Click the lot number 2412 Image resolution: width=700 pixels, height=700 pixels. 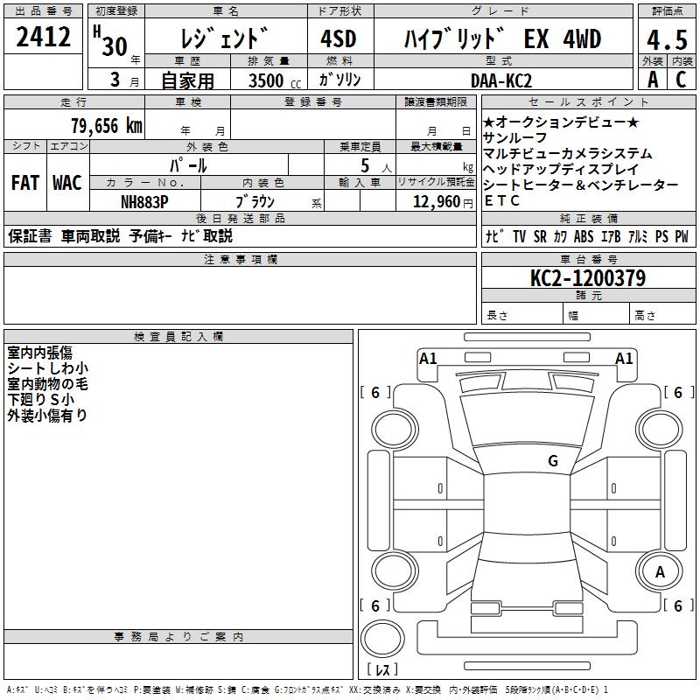tap(43, 37)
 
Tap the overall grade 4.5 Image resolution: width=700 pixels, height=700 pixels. tap(667, 39)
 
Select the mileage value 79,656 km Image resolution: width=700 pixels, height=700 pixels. tap(107, 126)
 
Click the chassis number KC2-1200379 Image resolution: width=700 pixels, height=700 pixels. tap(588, 278)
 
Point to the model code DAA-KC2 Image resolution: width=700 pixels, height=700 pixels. tap(501, 80)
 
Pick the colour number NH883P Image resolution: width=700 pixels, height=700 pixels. tap(144, 202)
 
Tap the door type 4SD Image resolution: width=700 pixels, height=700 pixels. tap(339, 38)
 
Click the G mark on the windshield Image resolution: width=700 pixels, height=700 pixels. tap(553, 461)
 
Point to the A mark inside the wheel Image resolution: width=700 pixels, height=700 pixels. tap(660, 572)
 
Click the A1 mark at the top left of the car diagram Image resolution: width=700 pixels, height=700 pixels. tap(428, 359)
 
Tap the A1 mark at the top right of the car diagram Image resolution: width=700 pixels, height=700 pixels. tap(624, 359)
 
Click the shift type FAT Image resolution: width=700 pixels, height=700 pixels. tap(25, 183)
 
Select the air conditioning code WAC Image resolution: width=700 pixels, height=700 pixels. tap(67, 183)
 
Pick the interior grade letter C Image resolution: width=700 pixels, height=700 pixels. tap(681, 80)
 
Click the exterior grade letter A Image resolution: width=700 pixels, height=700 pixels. tap(653, 80)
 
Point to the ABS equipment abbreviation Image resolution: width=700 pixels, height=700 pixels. tap(584, 236)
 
